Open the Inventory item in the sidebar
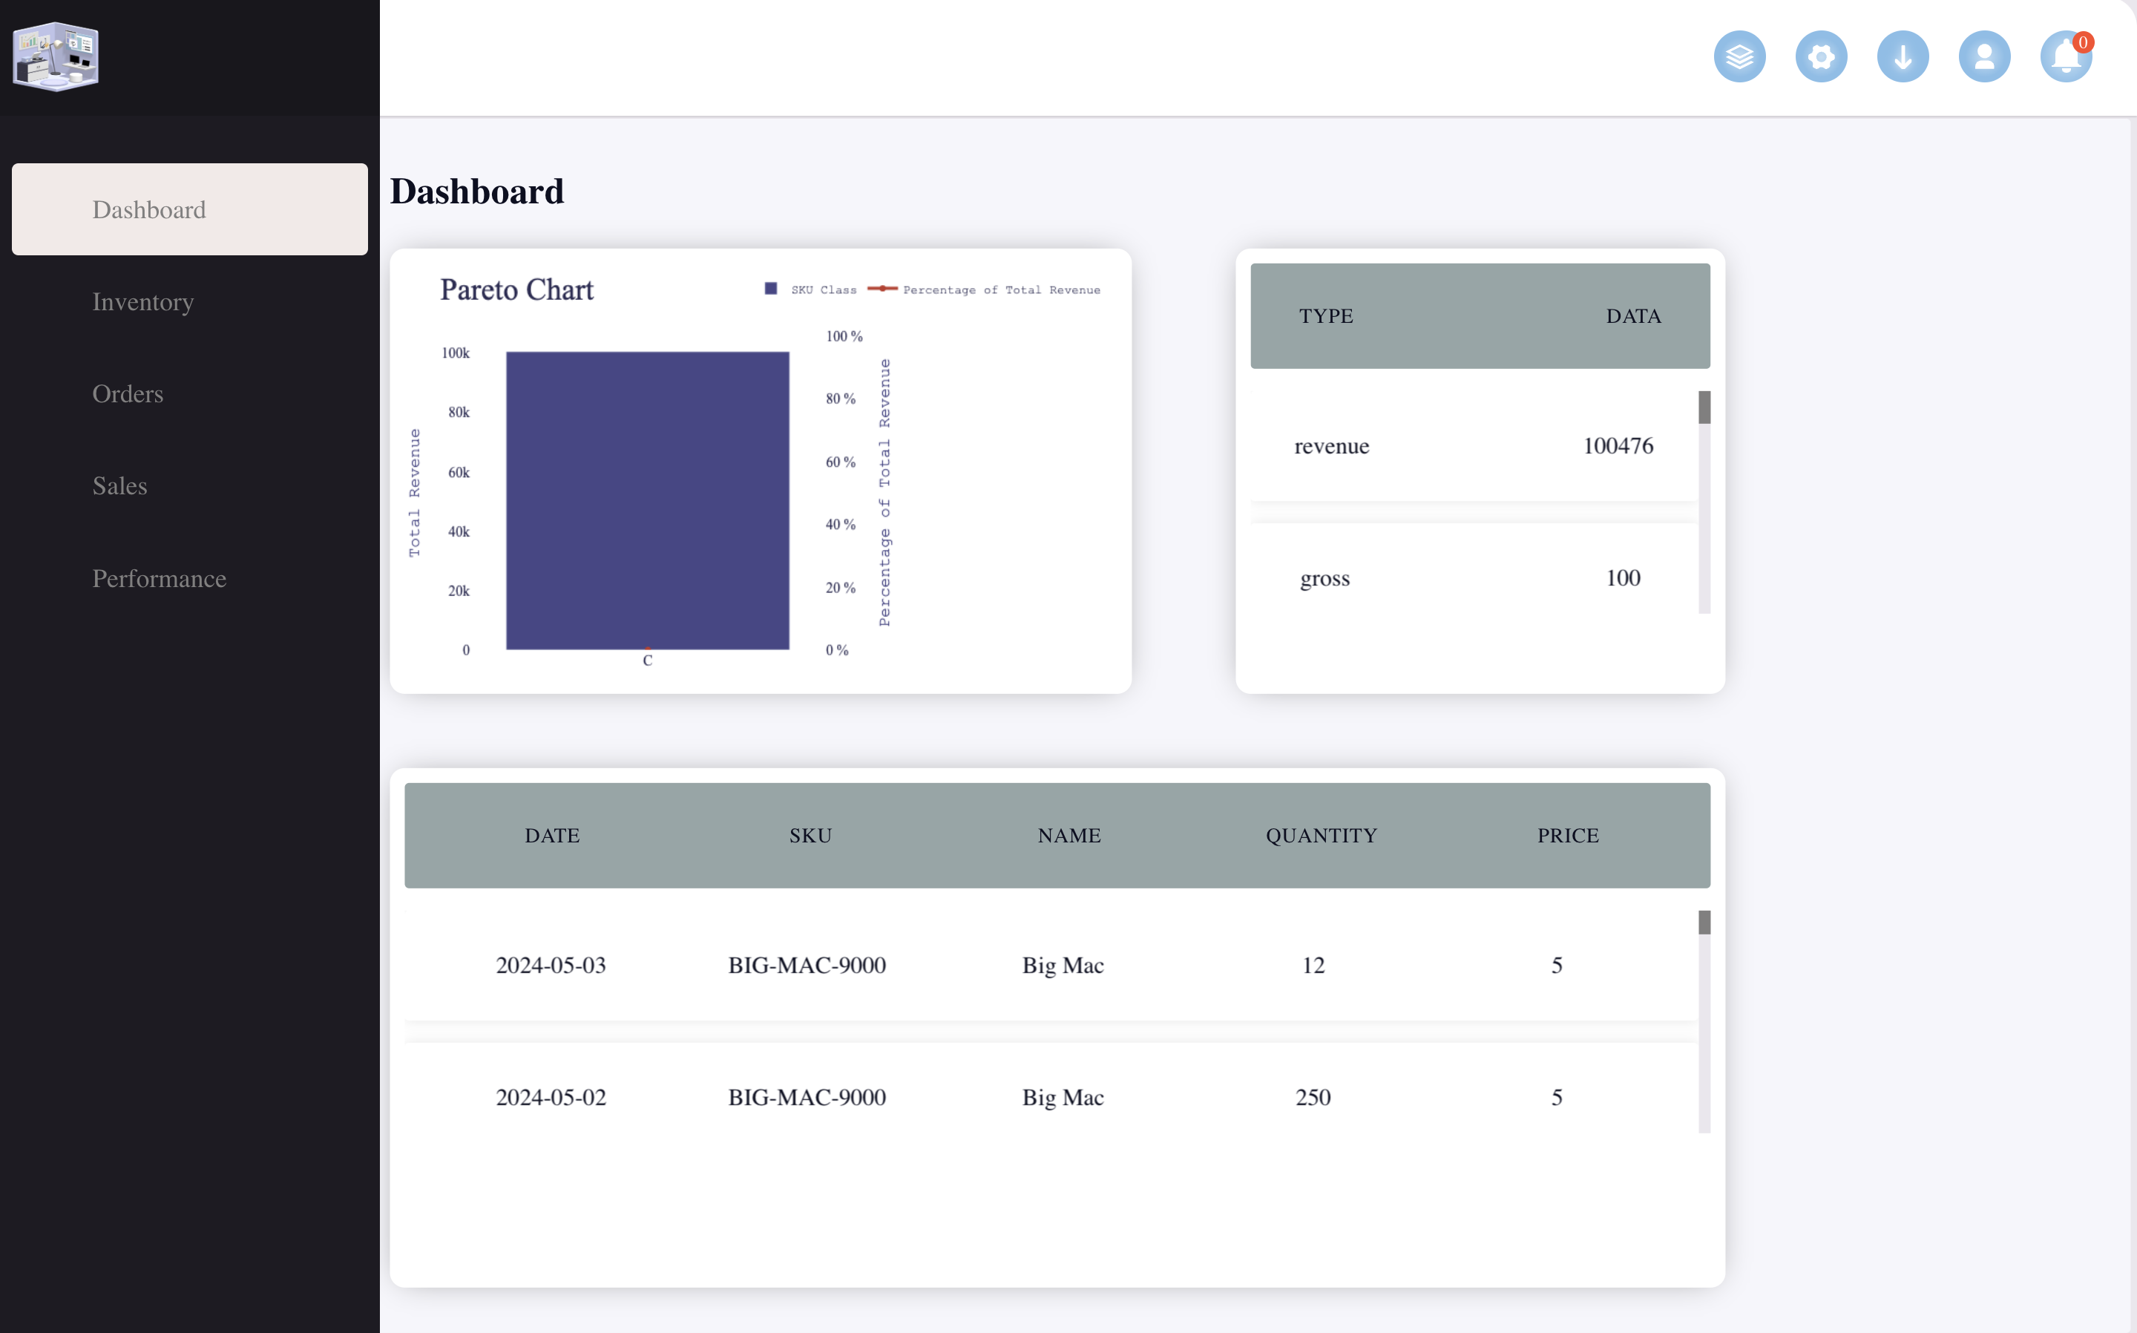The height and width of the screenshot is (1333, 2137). (142, 302)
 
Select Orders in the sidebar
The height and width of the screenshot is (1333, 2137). (128, 394)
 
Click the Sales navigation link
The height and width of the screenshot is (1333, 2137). (120, 485)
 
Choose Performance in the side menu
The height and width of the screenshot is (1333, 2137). (160, 578)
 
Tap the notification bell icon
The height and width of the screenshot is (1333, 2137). (2065, 57)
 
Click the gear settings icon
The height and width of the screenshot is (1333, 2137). (1821, 57)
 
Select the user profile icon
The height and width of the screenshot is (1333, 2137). (1983, 57)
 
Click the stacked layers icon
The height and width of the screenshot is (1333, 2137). (1739, 57)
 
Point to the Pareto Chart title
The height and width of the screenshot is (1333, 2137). (516, 290)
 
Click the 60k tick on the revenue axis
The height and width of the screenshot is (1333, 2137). (459, 473)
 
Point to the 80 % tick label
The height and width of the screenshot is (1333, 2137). (840, 399)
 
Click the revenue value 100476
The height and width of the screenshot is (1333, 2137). (1618, 446)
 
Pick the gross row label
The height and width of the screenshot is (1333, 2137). (1324, 578)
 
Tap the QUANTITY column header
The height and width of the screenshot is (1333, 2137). (1321, 836)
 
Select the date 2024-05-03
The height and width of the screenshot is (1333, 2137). (551, 966)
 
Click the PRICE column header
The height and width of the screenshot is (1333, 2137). (1568, 836)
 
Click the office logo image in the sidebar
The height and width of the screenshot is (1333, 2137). (56, 57)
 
